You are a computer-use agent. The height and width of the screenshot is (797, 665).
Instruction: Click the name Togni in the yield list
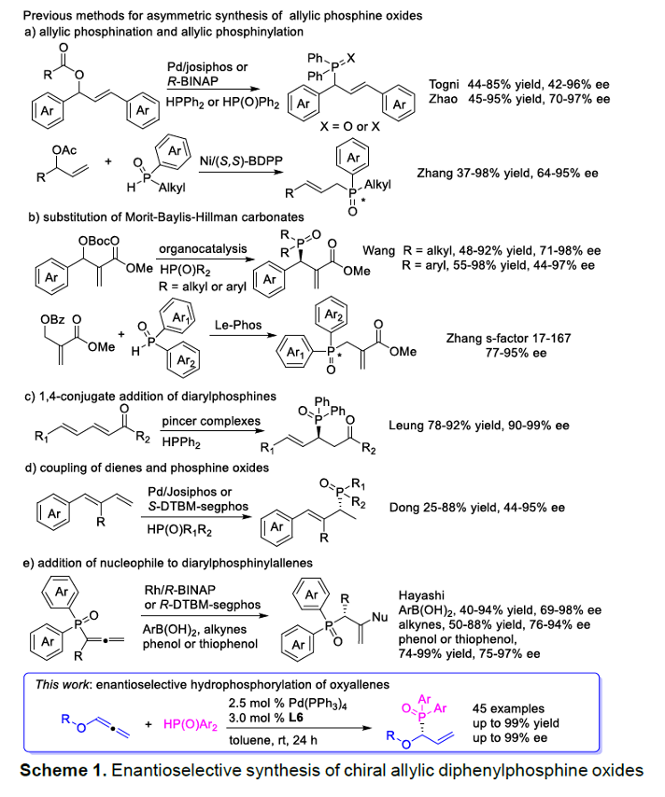click(444, 84)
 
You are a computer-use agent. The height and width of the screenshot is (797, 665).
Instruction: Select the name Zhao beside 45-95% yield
click(443, 99)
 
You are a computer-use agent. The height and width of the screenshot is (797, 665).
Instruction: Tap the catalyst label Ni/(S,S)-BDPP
click(241, 161)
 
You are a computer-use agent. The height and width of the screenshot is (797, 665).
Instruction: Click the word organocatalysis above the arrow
click(203, 248)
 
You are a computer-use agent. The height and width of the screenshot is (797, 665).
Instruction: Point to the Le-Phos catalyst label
click(238, 325)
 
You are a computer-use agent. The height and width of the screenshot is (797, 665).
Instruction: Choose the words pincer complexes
click(211, 422)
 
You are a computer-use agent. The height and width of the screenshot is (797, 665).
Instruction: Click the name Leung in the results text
click(405, 426)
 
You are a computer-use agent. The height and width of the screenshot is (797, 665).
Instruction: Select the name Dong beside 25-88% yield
click(403, 508)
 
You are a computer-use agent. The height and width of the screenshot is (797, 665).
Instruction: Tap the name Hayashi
click(421, 595)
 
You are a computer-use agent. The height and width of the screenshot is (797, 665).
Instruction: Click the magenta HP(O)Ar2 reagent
click(191, 725)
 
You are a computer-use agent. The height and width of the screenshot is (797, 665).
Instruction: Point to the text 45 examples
click(508, 708)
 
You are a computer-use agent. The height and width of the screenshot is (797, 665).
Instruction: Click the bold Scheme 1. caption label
click(64, 771)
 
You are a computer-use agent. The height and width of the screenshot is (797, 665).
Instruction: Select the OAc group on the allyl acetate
click(64, 150)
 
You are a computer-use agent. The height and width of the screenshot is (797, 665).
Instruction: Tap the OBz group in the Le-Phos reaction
click(53, 320)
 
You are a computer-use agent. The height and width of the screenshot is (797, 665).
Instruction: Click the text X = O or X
click(349, 127)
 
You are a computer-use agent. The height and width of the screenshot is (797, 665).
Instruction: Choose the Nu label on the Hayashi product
click(379, 617)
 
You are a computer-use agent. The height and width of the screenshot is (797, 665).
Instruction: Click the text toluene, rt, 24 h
click(273, 740)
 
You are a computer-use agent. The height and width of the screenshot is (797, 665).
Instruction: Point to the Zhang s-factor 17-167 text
click(508, 338)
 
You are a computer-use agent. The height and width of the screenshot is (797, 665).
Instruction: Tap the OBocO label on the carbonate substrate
click(99, 241)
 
